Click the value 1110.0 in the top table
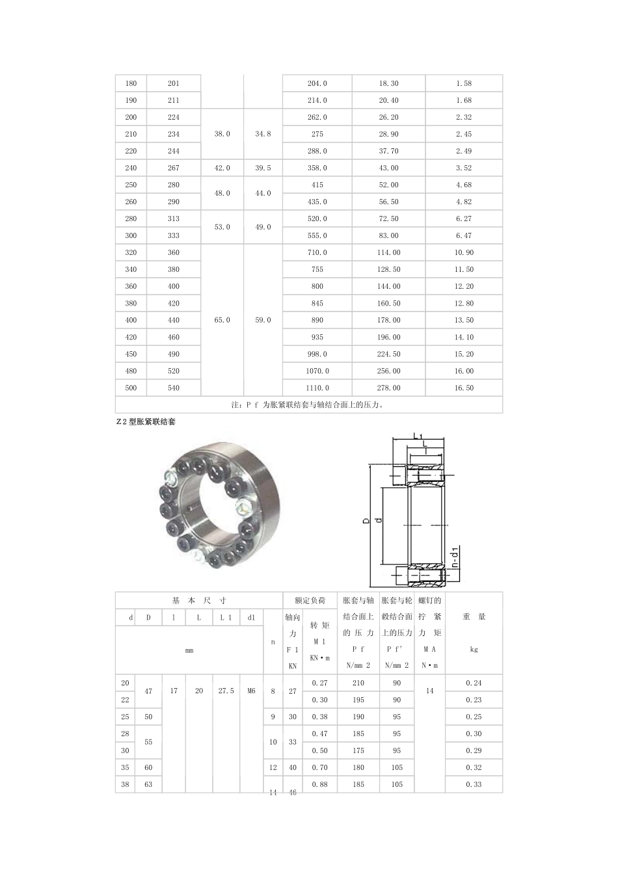pos(317,388)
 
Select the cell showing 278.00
pos(388,388)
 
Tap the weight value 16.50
pos(464,388)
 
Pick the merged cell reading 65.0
pos(222,320)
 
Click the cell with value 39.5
pos(263,168)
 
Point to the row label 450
pos(131,354)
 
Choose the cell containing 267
pos(173,168)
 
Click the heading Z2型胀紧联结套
pos(145,421)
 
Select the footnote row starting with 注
pos(309,404)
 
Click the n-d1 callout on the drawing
pos(455,557)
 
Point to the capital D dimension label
pos(366,520)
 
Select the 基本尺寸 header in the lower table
pos(198,600)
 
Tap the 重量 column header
pos(474,616)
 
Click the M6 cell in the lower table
pos(251,691)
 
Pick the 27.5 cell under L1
pos(225,691)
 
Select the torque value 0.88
pos(319,784)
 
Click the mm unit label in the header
pos(189,650)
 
